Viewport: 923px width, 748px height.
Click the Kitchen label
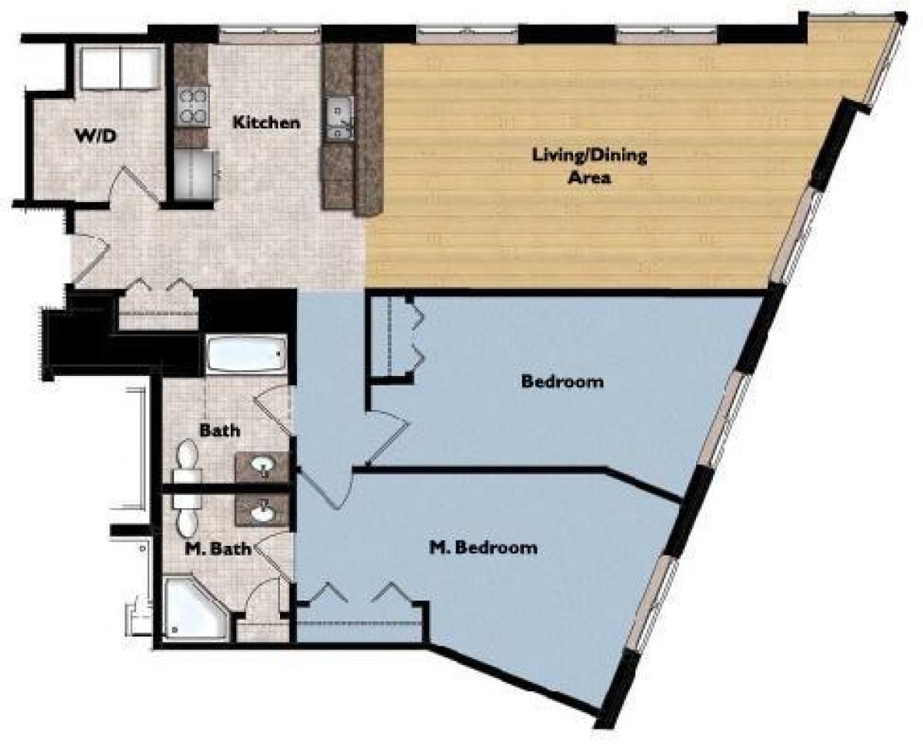[x=266, y=122]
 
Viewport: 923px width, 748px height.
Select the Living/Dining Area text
[x=590, y=166]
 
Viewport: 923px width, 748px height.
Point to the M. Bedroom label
[x=482, y=548]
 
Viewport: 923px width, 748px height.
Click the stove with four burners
[x=193, y=105]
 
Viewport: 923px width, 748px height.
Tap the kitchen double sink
[x=338, y=120]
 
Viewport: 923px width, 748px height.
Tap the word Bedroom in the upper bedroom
[x=561, y=381]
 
